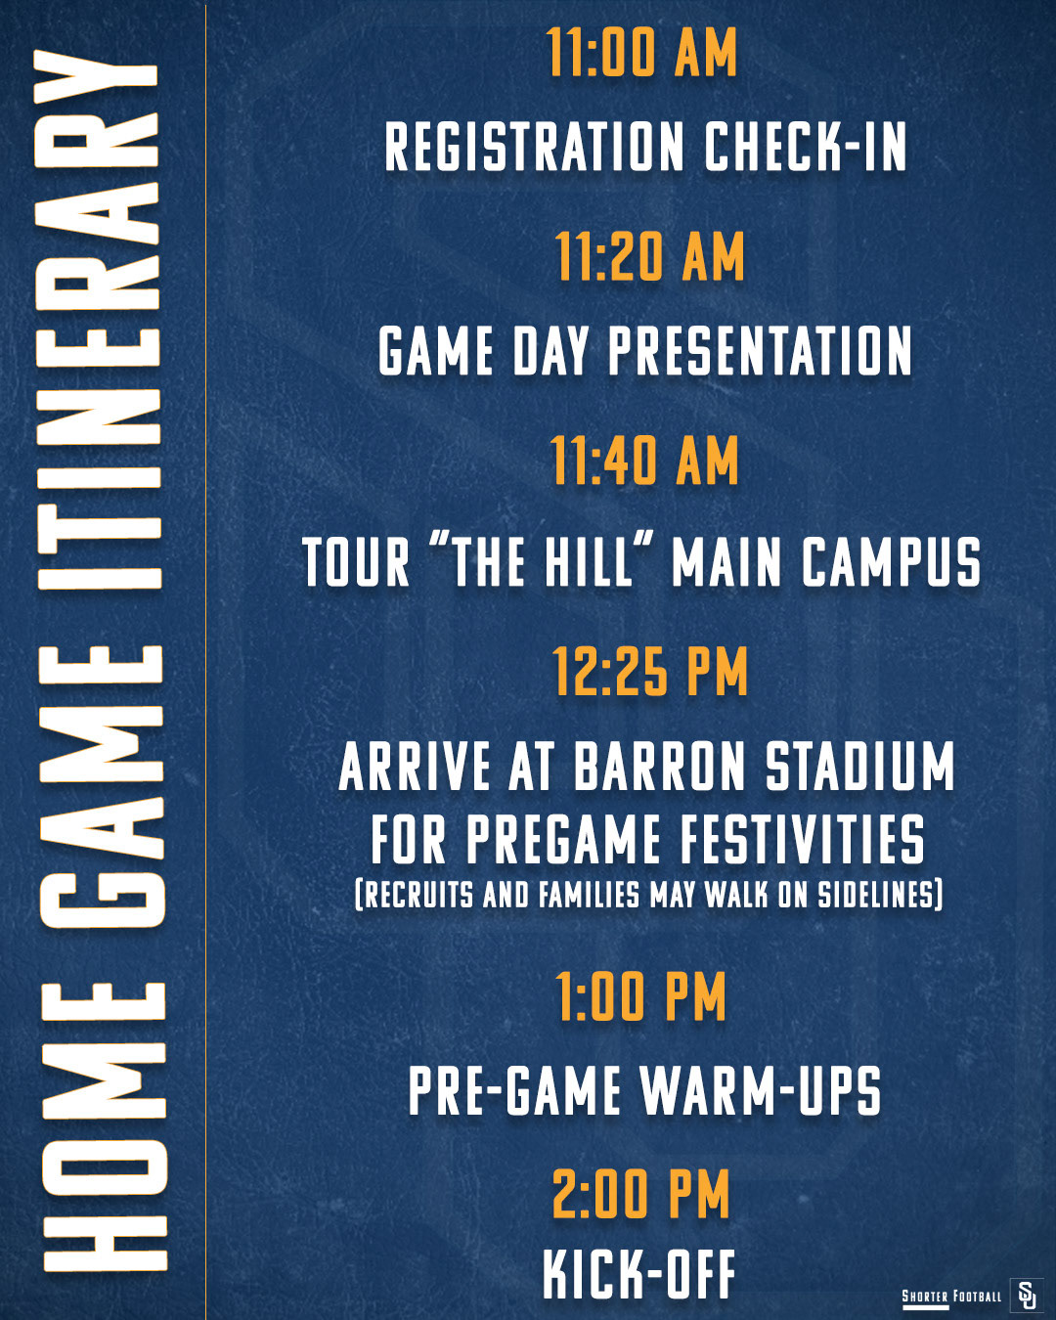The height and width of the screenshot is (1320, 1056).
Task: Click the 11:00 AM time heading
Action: (x=641, y=53)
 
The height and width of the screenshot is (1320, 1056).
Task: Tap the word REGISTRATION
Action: (x=534, y=148)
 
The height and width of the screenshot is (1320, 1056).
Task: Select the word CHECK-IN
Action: (x=806, y=148)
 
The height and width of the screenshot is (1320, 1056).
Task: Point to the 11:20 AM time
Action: (x=649, y=257)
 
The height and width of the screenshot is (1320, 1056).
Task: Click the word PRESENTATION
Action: (x=760, y=352)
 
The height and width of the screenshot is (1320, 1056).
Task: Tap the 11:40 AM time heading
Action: (x=643, y=461)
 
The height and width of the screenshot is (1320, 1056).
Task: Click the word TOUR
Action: (x=356, y=564)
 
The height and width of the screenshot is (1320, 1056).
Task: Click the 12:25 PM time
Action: (x=649, y=672)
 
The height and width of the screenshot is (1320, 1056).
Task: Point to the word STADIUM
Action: (x=859, y=767)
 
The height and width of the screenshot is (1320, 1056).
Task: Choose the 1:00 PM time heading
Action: (x=641, y=997)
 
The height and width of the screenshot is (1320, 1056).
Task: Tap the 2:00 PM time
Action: (x=641, y=1195)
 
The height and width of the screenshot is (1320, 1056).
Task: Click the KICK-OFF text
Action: (x=638, y=1274)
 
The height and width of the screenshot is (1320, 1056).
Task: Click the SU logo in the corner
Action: (x=1026, y=1295)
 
